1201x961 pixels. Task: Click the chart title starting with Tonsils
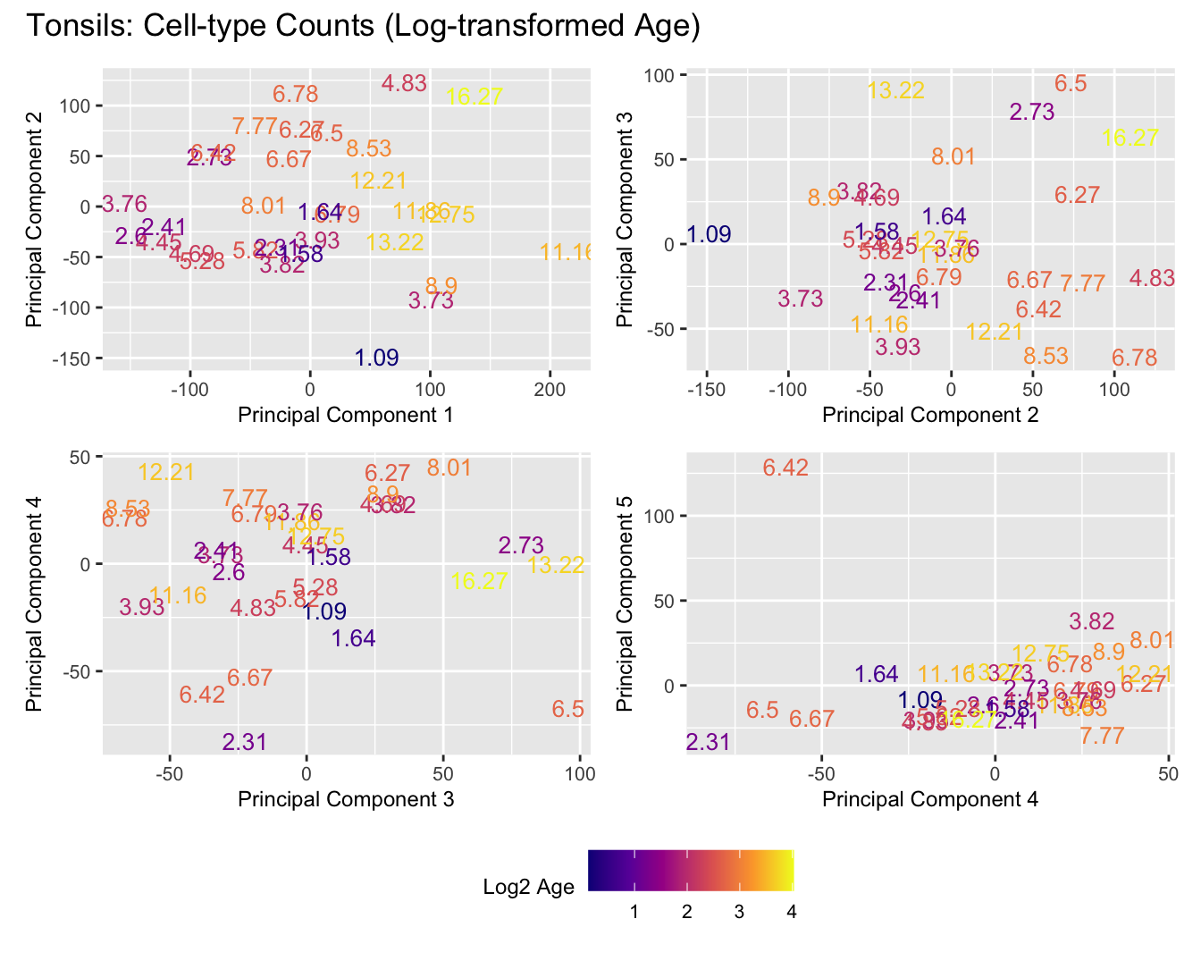tap(363, 27)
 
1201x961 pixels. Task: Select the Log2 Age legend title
tap(528, 888)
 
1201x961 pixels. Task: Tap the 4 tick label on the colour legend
tap(791, 913)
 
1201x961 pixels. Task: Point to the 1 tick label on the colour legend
tap(634, 913)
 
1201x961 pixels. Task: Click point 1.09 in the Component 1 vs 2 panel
tap(376, 358)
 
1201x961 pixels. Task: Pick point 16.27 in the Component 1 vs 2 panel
tap(474, 97)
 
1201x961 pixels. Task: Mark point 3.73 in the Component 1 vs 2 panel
tap(431, 301)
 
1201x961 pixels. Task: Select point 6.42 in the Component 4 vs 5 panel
tap(785, 468)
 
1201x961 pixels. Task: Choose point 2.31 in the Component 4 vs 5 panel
tap(708, 742)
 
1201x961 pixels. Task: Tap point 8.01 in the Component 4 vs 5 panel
tap(1152, 641)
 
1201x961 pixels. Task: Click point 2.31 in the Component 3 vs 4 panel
tap(245, 742)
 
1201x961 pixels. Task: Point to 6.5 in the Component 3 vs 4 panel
tap(567, 710)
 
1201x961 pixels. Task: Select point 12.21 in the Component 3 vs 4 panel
tap(166, 472)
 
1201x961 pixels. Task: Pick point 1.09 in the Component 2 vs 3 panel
tap(710, 235)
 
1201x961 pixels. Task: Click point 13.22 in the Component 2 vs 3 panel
tap(895, 90)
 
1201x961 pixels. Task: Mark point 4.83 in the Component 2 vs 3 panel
tap(1152, 278)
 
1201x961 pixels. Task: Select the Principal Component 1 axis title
tap(346, 415)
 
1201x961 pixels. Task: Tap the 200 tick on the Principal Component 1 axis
tap(550, 391)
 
